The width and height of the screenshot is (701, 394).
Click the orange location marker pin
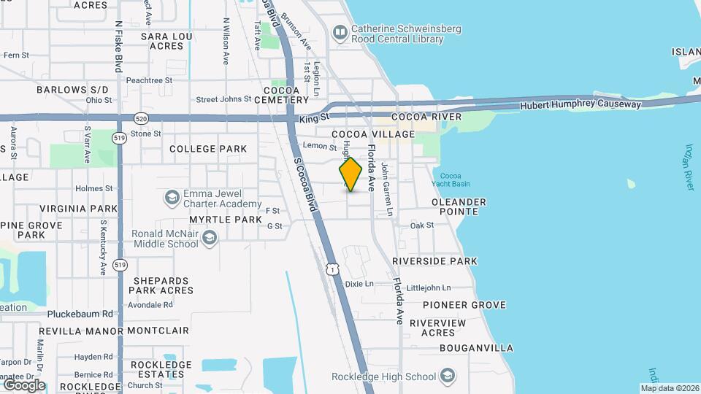coord(350,174)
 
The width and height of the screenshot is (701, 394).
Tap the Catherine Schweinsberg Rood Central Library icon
coord(340,32)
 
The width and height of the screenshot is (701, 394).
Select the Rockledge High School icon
coord(447,376)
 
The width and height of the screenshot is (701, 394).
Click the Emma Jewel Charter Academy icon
coord(172,198)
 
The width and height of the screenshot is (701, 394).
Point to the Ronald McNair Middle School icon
coord(210,238)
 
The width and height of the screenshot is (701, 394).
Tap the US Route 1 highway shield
coord(332,269)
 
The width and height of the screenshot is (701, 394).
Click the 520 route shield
coord(141,118)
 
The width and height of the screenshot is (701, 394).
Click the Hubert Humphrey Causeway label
coord(580,105)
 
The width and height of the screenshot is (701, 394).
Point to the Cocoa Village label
coord(364,134)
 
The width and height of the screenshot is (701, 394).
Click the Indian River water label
coord(689,167)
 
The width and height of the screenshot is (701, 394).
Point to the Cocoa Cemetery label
coord(282,95)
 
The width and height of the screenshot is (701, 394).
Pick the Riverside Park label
coord(434,260)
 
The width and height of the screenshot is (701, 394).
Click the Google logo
coord(23,385)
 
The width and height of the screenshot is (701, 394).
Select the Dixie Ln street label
coord(359,284)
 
